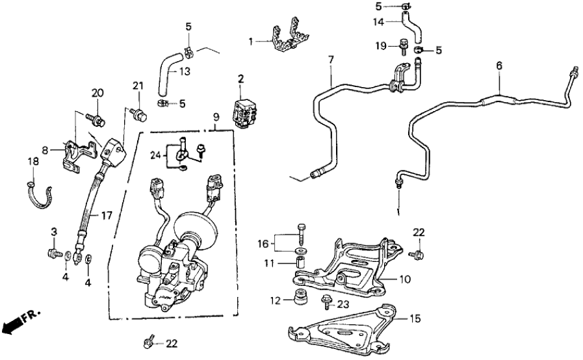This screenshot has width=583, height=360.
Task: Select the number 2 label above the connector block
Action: pos(240,79)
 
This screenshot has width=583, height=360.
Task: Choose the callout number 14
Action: pos(378,21)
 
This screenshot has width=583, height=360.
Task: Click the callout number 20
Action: pos(97,94)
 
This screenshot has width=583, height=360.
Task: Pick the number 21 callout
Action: pos(137,86)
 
